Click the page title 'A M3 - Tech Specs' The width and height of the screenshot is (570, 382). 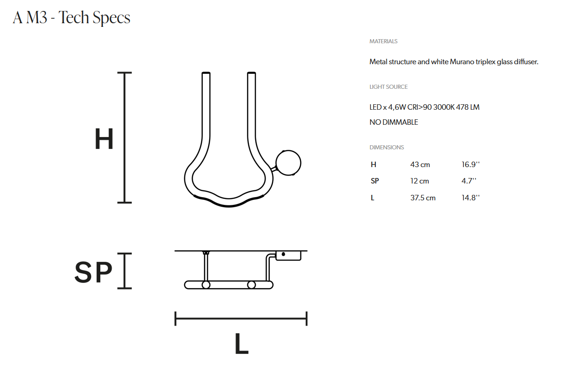pos(72,18)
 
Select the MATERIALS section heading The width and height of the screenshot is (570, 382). pos(383,41)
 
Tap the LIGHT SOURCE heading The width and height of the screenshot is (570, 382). pos(388,87)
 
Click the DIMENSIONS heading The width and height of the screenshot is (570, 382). pos(386,147)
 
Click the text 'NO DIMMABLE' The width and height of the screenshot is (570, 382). pos(394,122)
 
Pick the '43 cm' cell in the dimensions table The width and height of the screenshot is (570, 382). pos(420,164)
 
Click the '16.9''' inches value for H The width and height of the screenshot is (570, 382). pos(471,164)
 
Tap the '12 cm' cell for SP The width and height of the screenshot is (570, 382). pos(419,181)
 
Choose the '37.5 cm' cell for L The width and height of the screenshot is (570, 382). pos(423,198)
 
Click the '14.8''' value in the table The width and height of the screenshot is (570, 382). pos(471,198)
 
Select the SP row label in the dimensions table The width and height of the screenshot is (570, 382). pos(375,181)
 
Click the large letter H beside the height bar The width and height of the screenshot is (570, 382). pos(104,139)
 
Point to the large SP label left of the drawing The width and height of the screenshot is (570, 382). pos(93,272)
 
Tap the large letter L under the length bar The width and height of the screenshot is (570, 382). pos(241,344)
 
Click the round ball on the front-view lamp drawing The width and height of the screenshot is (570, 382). pos(288,163)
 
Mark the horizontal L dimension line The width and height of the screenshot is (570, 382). pos(241,318)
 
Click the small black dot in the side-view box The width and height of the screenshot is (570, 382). pos(283,254)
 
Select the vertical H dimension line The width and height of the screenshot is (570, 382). pos(124,138)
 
